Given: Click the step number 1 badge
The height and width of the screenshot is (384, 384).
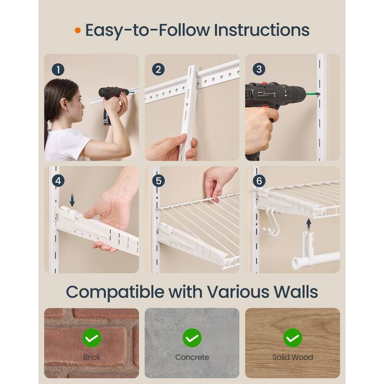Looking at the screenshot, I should tap(58, 69).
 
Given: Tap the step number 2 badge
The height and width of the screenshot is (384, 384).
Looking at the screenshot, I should tap(158, 69).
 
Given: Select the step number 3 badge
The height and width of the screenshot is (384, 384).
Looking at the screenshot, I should tap(259, 69).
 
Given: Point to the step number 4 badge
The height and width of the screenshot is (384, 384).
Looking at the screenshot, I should tap(58, 181).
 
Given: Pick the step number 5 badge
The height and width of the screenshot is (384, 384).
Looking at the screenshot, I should tap(158, 181).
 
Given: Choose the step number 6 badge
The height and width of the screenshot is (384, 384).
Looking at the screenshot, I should tap(259, 181).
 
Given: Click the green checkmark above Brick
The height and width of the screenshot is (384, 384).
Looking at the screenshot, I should tap(91, 338).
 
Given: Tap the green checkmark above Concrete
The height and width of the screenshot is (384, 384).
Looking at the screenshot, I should tap(192, 338).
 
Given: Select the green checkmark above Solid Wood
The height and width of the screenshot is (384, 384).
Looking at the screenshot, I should tap(292, 338).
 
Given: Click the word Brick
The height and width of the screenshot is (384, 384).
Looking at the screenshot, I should tap(91, 357).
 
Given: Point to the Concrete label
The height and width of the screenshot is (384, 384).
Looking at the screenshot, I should tap(192, 357).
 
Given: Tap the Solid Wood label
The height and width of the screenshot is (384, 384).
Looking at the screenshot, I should tap(292, 357).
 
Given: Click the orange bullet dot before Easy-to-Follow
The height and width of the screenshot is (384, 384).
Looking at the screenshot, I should tap(78, 31).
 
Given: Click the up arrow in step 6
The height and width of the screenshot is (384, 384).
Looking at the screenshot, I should tap(309, 223).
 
